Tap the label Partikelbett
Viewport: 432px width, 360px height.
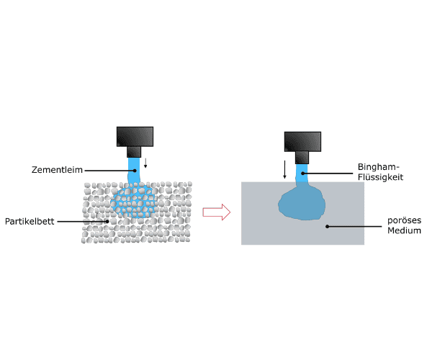pos(30,221)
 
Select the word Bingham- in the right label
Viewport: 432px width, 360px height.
pos(377,166)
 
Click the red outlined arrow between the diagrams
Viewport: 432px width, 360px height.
pos(215,212)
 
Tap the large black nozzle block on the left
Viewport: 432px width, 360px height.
pos(135,136)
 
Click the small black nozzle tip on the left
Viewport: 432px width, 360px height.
pos(135,152)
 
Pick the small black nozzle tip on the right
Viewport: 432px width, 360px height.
pos(302,157)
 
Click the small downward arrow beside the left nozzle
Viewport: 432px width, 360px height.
pos(145,162)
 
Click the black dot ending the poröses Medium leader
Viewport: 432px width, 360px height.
pos(327,226)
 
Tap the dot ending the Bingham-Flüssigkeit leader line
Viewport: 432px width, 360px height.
pos(303,172)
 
